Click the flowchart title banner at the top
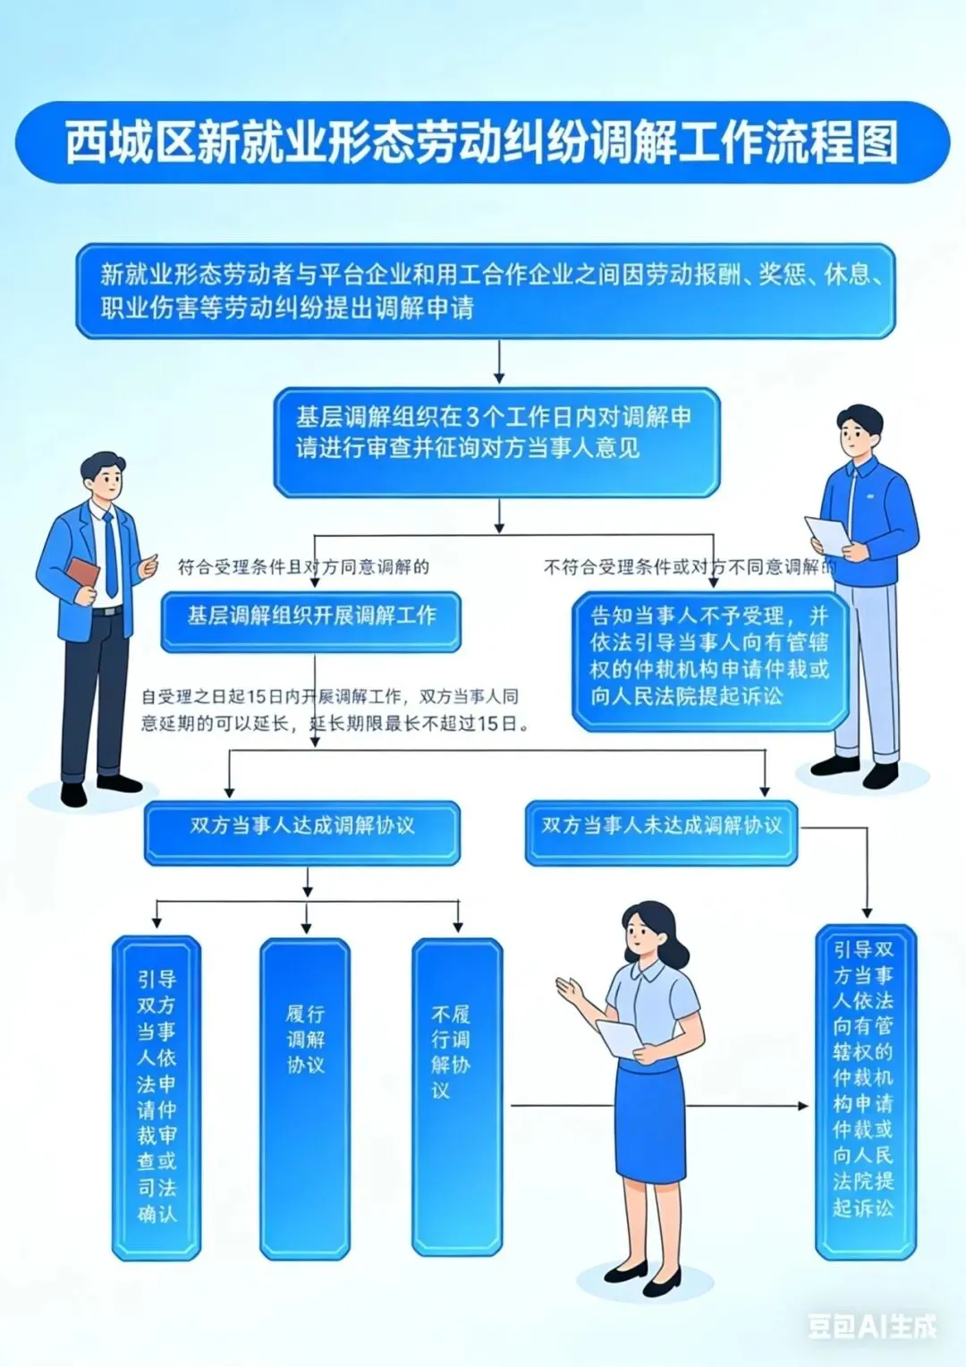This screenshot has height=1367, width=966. pyautogui.click(x=483, y=143)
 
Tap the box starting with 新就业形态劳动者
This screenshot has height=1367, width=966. pyautogui.click(x=486, y=291)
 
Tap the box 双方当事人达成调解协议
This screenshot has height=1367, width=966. pyautogui.click(x=302, y=832)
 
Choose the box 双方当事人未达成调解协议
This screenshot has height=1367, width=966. pyautogui.click(x=661, y=832)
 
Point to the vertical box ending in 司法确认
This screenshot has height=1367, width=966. pyautogui.click(x=157, y=1099)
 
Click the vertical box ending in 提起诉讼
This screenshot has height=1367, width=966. pyautogui.click(x=865, y=1091)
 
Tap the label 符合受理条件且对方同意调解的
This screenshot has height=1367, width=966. pyautogui.click(x=303, y=567)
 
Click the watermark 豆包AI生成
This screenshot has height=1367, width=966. pyautogui.click(x=872, y=1326)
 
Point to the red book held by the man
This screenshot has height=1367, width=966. pyautogui.click(x=84, y=573)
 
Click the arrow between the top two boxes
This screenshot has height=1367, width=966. pyautogui.click(x=499, y=362)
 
